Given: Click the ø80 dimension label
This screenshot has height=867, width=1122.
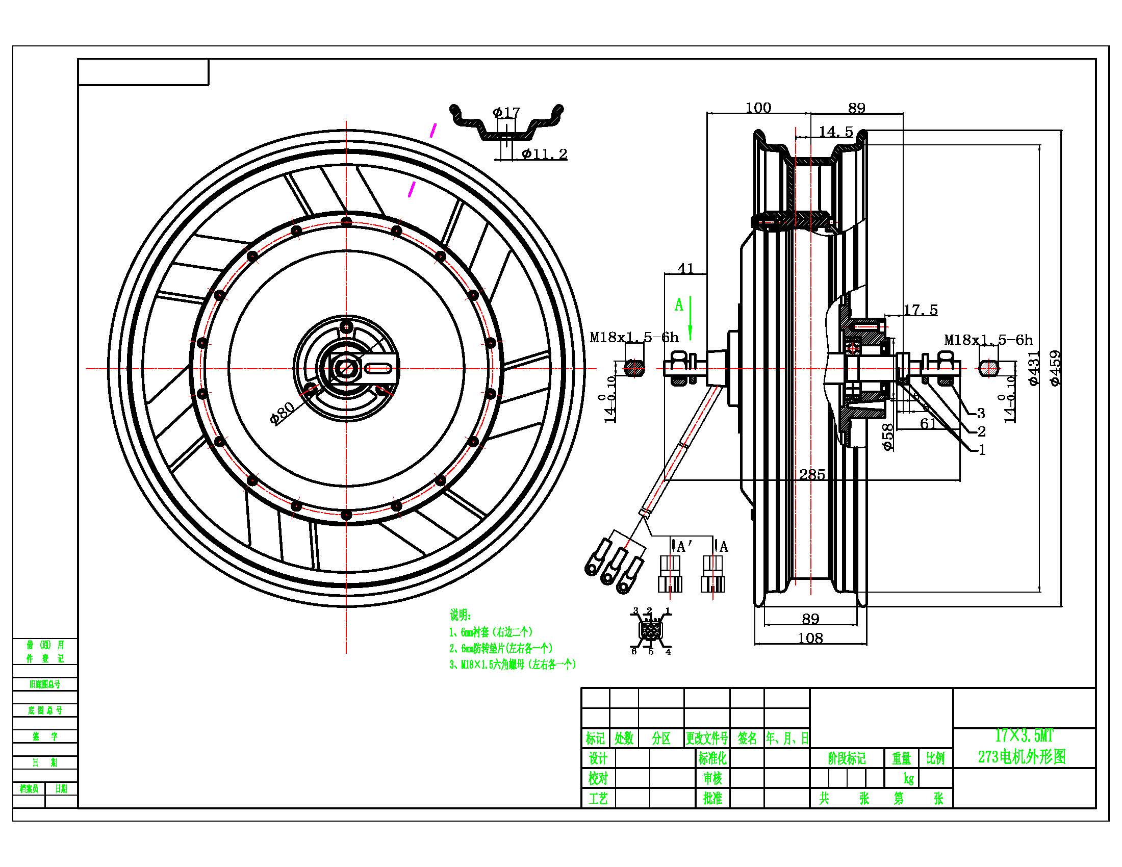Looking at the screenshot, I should click(282, 413).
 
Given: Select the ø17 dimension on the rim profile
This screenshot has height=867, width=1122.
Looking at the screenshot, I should click(506, 112).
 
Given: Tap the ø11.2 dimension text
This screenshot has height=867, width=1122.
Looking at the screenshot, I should click(545, 154).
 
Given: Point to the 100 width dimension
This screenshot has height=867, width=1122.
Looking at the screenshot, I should click(758, 107).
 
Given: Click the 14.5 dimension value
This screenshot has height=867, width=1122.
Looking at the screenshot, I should click(836, 132).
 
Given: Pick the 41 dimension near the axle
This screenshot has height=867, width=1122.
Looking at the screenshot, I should click(686, 268).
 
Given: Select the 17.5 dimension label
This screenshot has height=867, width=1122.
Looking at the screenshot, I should click(921, 310).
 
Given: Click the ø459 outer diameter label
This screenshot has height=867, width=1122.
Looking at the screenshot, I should click(1055, 368).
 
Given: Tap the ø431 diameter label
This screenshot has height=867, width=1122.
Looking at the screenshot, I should click(1034, 368).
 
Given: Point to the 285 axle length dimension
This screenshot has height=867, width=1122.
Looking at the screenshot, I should click(812, 474).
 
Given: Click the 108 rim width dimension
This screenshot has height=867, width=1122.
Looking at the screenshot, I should click(811, 638).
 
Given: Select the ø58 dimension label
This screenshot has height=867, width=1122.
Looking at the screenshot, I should click(888, 437).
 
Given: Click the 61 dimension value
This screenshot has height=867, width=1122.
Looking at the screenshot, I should click(928, 424).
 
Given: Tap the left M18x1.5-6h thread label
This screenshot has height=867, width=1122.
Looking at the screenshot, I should click(634, 338).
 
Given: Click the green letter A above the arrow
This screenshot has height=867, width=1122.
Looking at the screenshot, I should click(679, 305).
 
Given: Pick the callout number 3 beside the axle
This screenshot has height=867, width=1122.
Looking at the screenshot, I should click(981, 413).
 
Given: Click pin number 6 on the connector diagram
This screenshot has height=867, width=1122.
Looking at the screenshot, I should click(634, 651).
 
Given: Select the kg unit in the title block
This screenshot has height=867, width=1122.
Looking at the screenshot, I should click(908, 779).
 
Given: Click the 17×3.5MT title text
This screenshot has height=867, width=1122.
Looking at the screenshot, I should click(1025, 736).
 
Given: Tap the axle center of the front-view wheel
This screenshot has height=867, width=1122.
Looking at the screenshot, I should click(346, 368).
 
